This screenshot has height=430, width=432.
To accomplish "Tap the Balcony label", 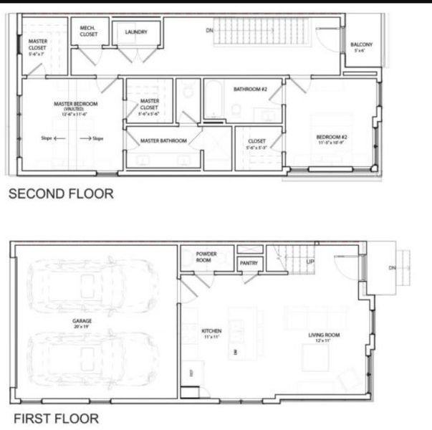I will pyautogui.click(x=361, y=47).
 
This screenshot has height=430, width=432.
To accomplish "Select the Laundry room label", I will pyautogui.click(x=135, y=32).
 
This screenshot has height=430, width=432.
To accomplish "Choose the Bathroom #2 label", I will pyautogui.click(x=250, y=90).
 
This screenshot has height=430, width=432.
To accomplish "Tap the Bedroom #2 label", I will pyautogui.click(x=332, y=139).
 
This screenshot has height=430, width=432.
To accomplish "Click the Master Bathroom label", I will pyautogui.click(x=163, y=141).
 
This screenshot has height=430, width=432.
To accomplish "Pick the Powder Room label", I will pyautogui.click(x=206, y=257).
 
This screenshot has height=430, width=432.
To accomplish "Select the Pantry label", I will pyautogui.click(x=249, y=264).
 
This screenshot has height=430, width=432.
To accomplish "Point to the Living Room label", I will pyautogui.click(x=324, y=336).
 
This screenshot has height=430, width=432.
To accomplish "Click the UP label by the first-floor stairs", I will pyautogui.click(x=309, y=262).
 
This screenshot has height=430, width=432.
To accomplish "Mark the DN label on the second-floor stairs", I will pyautogui.click(x=209, y=31).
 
